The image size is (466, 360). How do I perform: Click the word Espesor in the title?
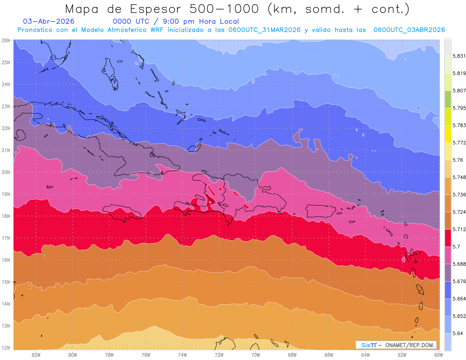(x=155, y=9)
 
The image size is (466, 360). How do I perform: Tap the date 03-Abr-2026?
(x=49, y=21)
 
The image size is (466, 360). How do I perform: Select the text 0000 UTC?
(x=131, y=21)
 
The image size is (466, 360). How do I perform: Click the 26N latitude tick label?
(x=5, y=40)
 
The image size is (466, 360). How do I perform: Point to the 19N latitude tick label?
(x=5, y=194)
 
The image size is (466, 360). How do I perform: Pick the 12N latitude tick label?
(x=5, y=348)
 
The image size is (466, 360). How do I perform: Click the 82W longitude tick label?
(x=36, y=355)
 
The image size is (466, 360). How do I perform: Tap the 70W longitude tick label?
(x=256, y=355)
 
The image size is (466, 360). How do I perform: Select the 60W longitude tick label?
(x=438, y=355)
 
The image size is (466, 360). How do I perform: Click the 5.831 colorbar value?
(x=459, y=56)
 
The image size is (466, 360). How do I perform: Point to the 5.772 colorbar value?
(x=459, y=143)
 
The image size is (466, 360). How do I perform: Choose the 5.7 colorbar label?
(x=456, y=247)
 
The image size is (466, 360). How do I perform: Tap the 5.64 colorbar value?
(x=457, y=333)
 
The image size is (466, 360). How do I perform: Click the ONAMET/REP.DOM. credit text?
(x=410, y=345)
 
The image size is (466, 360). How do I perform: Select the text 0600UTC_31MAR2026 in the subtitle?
(x=264, y=30)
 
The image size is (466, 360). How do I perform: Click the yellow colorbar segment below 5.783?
(x=448, y=134)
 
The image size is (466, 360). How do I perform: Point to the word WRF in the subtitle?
(x=157, y=30)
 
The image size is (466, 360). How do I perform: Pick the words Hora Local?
(x=219, y=21)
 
